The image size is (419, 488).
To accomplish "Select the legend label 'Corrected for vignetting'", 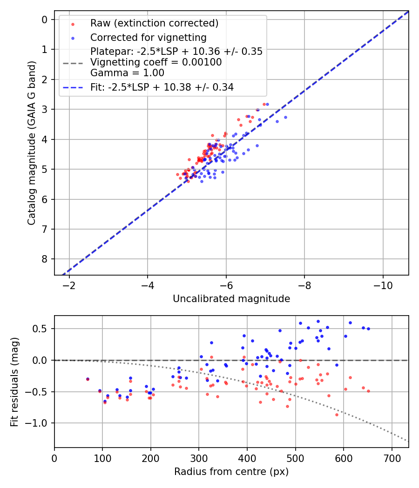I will (x=148, y=37).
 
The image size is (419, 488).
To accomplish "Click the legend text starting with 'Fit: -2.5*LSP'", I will (x=162, y=87).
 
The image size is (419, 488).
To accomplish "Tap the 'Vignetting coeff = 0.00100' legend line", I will (x=156, y=62).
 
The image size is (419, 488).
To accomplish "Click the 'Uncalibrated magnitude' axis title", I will (x=231, y=299).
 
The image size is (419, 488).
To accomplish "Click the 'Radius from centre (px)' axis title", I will (x=231, y=472).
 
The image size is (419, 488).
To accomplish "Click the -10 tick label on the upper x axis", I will (x=383, y=284).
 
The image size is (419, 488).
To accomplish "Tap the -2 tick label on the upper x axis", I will (x=69, y=284).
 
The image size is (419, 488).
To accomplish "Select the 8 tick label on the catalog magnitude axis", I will (x=45, y=259).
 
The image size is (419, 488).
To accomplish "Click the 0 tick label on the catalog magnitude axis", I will (x=45, y=20).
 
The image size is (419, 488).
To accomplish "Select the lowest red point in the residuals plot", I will (x=337, y=415).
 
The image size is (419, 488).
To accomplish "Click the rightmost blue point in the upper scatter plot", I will (x=285, y=117).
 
